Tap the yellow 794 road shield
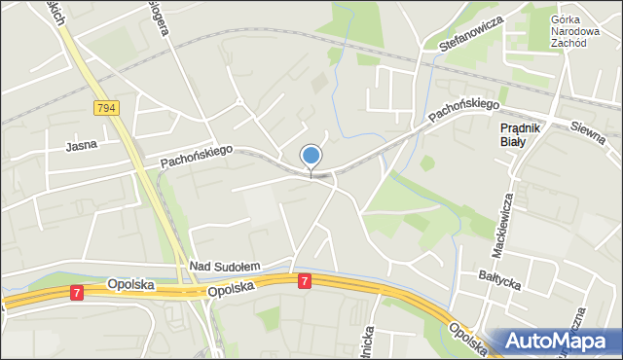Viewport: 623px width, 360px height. coord(107,107)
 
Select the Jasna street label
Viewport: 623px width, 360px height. coord(80,147)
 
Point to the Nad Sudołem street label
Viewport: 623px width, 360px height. coord(225,266)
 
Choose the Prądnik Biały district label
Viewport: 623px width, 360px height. coord(526,134)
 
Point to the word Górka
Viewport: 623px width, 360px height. coord(567,19)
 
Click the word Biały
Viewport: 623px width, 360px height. coord(513,141)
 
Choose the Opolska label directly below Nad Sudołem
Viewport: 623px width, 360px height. coord(231,289)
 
